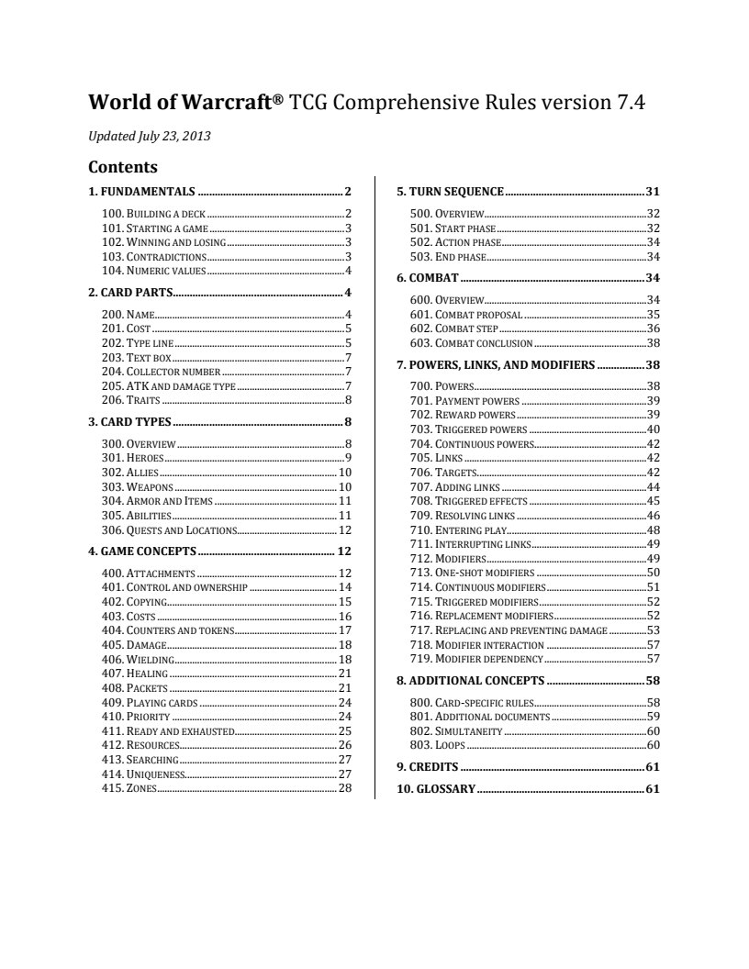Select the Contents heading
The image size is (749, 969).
[x=123, y=168]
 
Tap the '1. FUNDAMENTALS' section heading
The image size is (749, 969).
[x=141, y=192]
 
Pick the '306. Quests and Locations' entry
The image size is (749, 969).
[x=170, y=529]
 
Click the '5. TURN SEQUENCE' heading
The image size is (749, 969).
[x=450, y=192]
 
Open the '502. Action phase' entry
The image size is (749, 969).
[x=455, y=242]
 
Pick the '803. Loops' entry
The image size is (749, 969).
[x=436, y=745]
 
